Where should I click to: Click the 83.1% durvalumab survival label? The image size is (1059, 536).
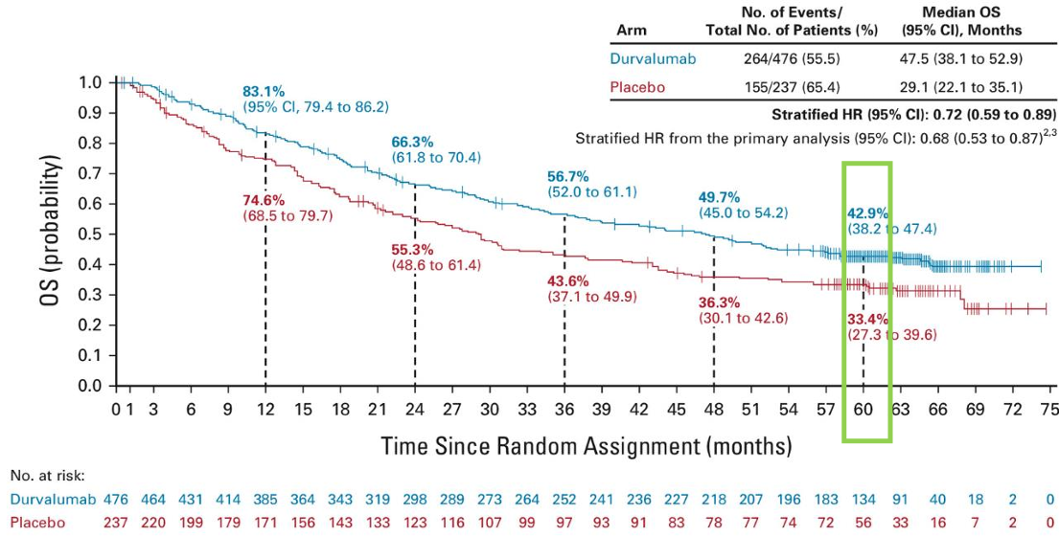point(262,93)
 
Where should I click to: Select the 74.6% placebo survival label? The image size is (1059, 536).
point(263,200)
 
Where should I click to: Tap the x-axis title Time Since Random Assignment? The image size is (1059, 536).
point(587,446)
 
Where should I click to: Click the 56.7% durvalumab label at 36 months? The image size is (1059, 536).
point(568,177)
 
